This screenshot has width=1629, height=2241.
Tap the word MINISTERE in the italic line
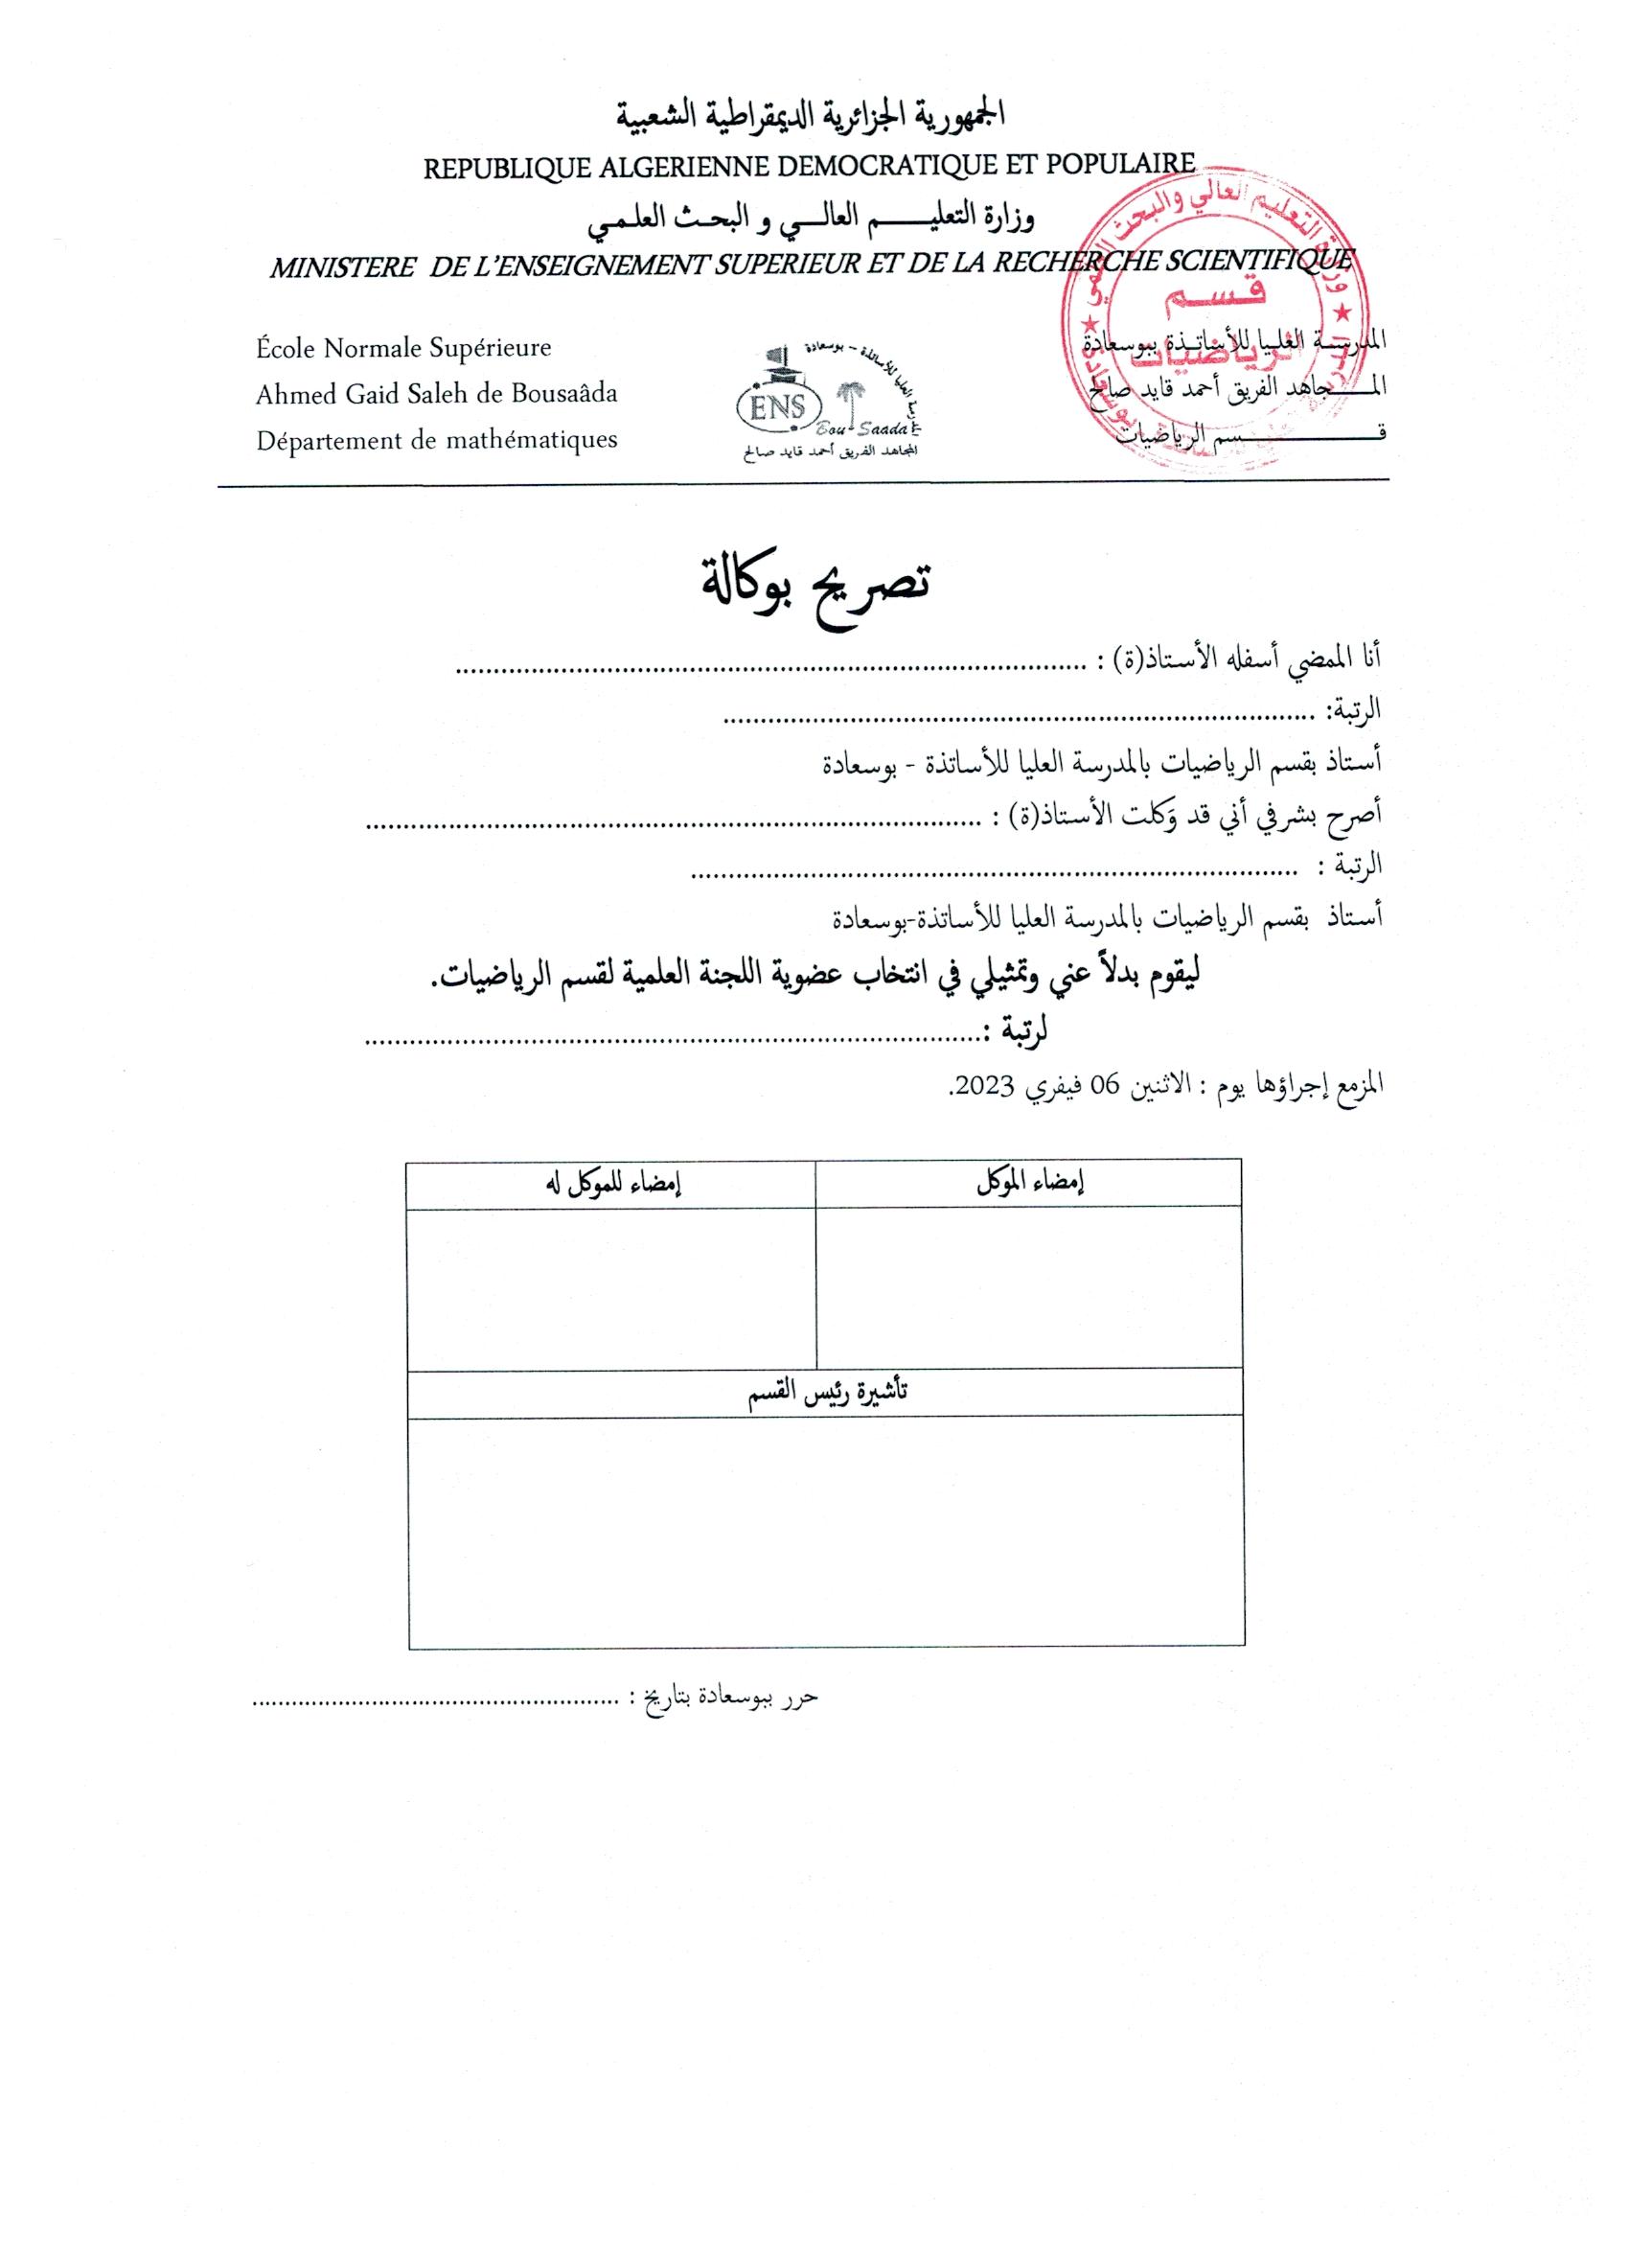coord(342,266)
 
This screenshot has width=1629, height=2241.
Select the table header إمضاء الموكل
coord(1029,1184)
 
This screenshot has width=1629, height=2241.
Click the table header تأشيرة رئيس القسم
coord(827,1392)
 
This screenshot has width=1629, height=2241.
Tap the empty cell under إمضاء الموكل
coord(1029,1287)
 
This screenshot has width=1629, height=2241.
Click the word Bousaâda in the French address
coord(565,394)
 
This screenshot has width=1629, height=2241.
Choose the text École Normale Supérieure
coord(403,348)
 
